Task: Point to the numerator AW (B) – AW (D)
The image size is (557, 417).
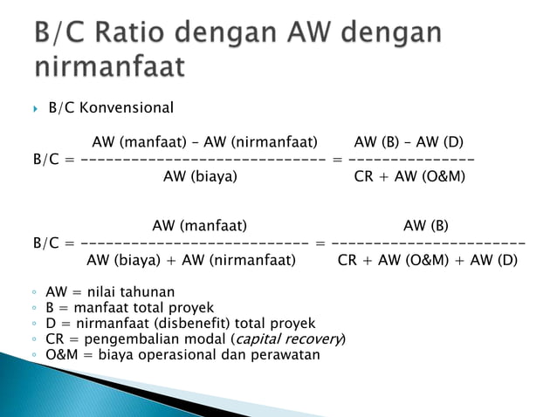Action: (409, 142)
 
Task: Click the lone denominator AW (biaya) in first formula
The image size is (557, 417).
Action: (200, 176)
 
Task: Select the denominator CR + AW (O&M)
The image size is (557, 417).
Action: (409, 176)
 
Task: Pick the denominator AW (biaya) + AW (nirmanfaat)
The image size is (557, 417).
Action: (191, 259)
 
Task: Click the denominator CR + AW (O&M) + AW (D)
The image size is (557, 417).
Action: (427, 259)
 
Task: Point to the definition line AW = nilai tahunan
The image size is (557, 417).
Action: (110, 291)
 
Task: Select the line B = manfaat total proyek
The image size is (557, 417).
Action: (129, 307)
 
